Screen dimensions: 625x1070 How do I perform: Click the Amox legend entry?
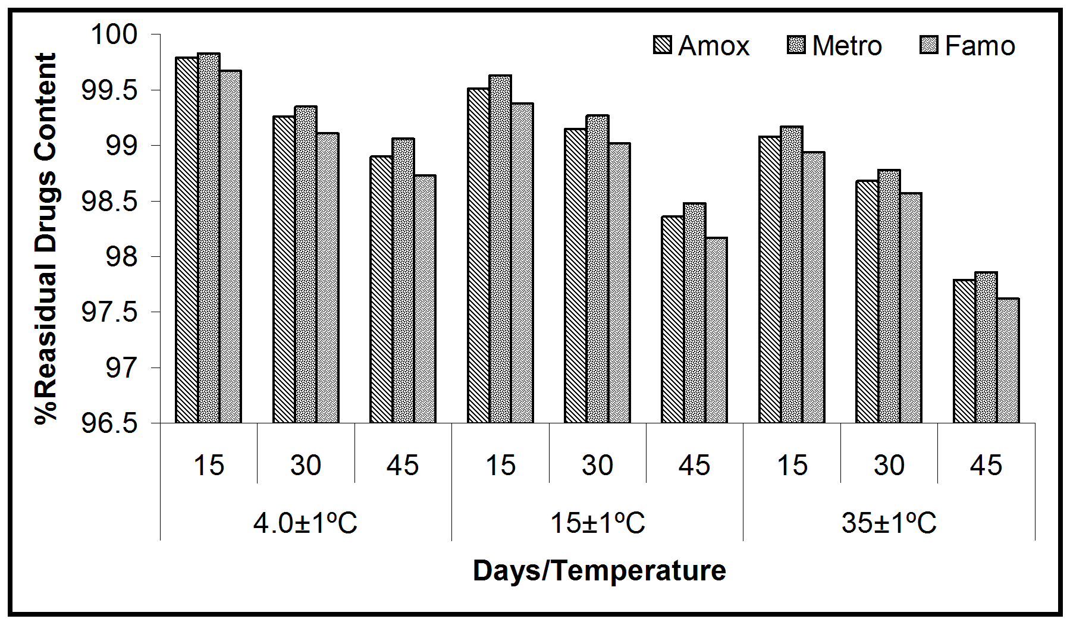[702, 46]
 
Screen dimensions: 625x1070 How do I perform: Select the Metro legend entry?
[834, 46]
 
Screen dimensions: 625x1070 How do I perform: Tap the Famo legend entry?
[967, 46]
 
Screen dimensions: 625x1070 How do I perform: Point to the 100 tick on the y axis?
[113, 34]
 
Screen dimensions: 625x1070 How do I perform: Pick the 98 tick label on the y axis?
[121, 257]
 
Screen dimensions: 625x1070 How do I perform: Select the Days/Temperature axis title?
[599, 571]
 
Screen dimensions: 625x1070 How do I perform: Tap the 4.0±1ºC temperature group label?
[306, 523]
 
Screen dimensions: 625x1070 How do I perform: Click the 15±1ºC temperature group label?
[597, 523]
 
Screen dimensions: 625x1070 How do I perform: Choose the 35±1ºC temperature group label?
[889, 523]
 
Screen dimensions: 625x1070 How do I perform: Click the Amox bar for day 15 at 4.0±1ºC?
[187, 240]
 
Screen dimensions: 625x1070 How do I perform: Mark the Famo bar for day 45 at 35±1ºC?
[1008, 361]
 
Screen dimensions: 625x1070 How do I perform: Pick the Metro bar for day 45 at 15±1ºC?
[695, 313]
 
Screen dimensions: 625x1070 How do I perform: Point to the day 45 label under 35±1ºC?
[986, 465]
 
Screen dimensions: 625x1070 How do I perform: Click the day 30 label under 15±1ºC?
[597, 465]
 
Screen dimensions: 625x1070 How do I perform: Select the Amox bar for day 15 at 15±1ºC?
[478, 256]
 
